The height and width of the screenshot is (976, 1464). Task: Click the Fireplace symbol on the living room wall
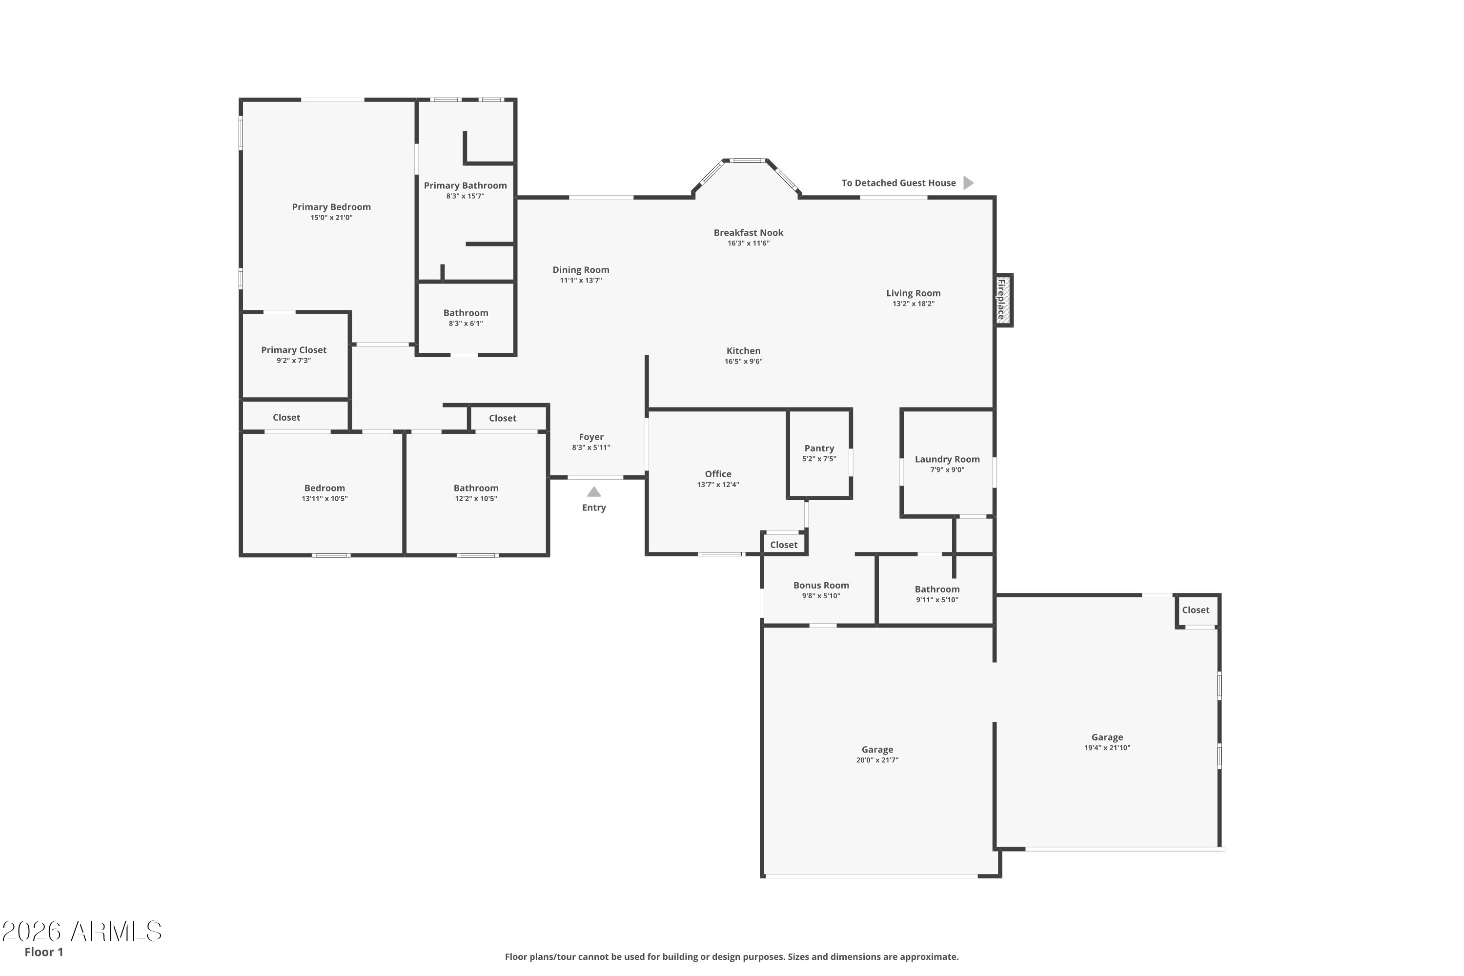(1003, 300)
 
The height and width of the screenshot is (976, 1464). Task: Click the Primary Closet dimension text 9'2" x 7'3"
(294, 361)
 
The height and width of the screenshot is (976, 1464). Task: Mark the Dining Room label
(581, 269)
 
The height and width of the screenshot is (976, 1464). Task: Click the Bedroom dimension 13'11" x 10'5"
(325, 499)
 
